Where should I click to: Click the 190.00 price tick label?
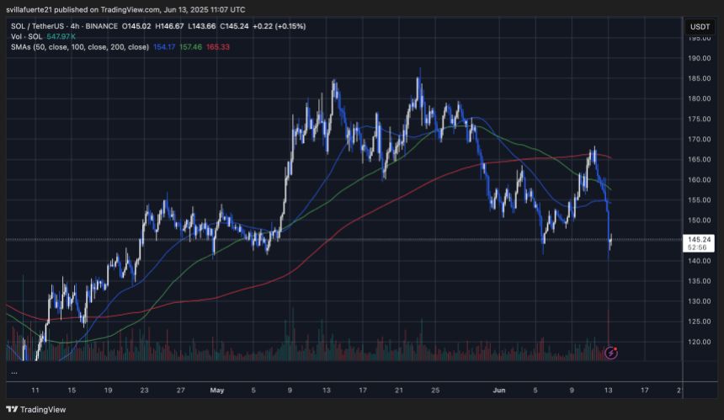[x=700, y=59]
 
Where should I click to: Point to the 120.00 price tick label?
[x=700, y=342]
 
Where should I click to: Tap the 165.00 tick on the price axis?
[x=700, y=160]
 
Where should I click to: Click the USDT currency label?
[x=700, y=26]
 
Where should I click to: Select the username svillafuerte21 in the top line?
[x=33, y=9]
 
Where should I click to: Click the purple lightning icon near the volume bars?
[x=611, y=353]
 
